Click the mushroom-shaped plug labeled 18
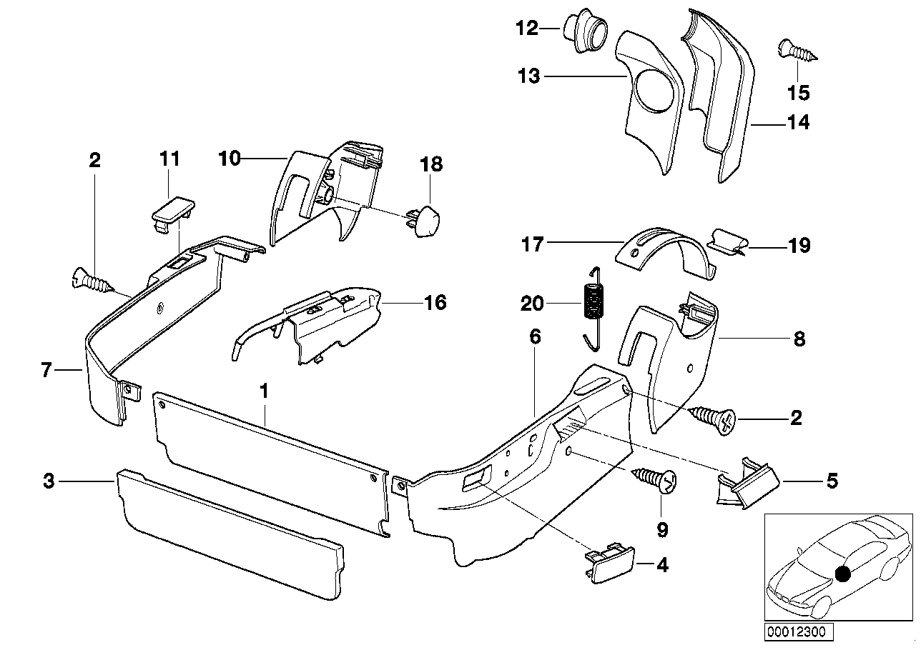click(x=423, y=215)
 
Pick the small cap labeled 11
click(x=171, y=209)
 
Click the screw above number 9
click(x=654, y=481)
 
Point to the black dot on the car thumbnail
click(x=843, y=573)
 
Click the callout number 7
click(x=47, y=370)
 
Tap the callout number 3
click(x=48, y=481)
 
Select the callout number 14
click(x=799, y=123)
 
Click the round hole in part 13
click(x=660, y=91)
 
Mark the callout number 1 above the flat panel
click(x=264, y=391)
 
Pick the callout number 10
click(x=230, y=159)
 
